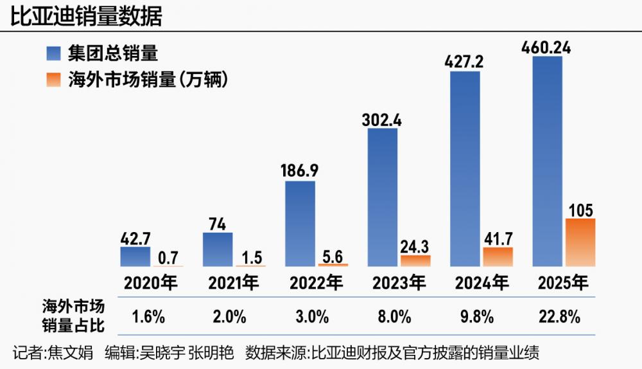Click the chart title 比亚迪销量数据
pos(86,15)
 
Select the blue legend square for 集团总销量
pos(54,53)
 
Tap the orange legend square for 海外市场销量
pos(54,80)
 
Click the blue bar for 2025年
pos(548,161)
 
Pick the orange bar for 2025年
pos(580,242)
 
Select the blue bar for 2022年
pos(300,223)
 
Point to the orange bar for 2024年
pos(498,256)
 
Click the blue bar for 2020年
pos(135,256)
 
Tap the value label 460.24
pos(547,47)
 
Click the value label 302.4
pos(382,119)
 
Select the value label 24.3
pos(415,246)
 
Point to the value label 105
pos(580,210)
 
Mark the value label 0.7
pos(168,257)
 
